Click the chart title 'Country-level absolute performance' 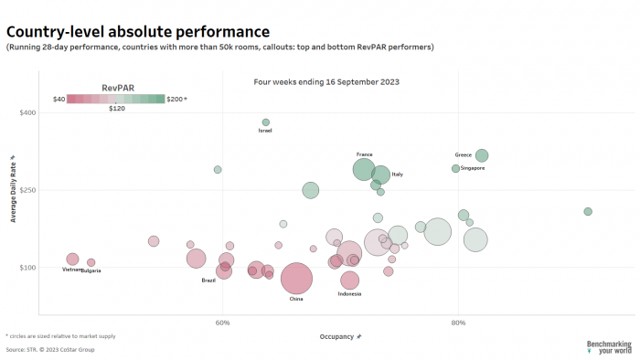tap(137, 32)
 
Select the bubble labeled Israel tap(266, 122)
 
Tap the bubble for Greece tap(482, 155)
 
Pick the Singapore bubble tap(455, 168)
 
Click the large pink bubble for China tap(297, 280)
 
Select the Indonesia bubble tap(349, 281)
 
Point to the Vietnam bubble tap(72, 259)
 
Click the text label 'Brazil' tap(208, 281)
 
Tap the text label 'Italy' tap(397, 174)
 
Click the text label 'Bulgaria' tap(91, 270)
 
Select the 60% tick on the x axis tap(222, 322)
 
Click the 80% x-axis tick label tap(459, 322)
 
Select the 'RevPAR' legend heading tap(112, 88)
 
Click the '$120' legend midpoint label tap(117, 109)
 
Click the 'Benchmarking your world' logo tap(609, 346)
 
